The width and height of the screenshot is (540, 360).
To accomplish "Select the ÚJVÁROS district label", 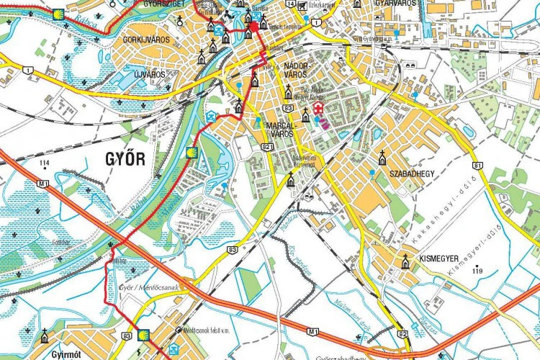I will [145, 74].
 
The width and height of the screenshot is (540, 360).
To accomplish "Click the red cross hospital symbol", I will [318, 108].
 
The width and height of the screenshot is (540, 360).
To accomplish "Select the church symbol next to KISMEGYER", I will [406, 262].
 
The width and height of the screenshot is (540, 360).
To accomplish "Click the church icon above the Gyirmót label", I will [45, 336].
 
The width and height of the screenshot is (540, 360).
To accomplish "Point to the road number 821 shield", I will [267, 146].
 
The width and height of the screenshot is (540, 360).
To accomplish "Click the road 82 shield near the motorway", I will [402, 333].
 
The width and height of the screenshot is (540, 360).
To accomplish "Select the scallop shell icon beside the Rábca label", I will [57, 14].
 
